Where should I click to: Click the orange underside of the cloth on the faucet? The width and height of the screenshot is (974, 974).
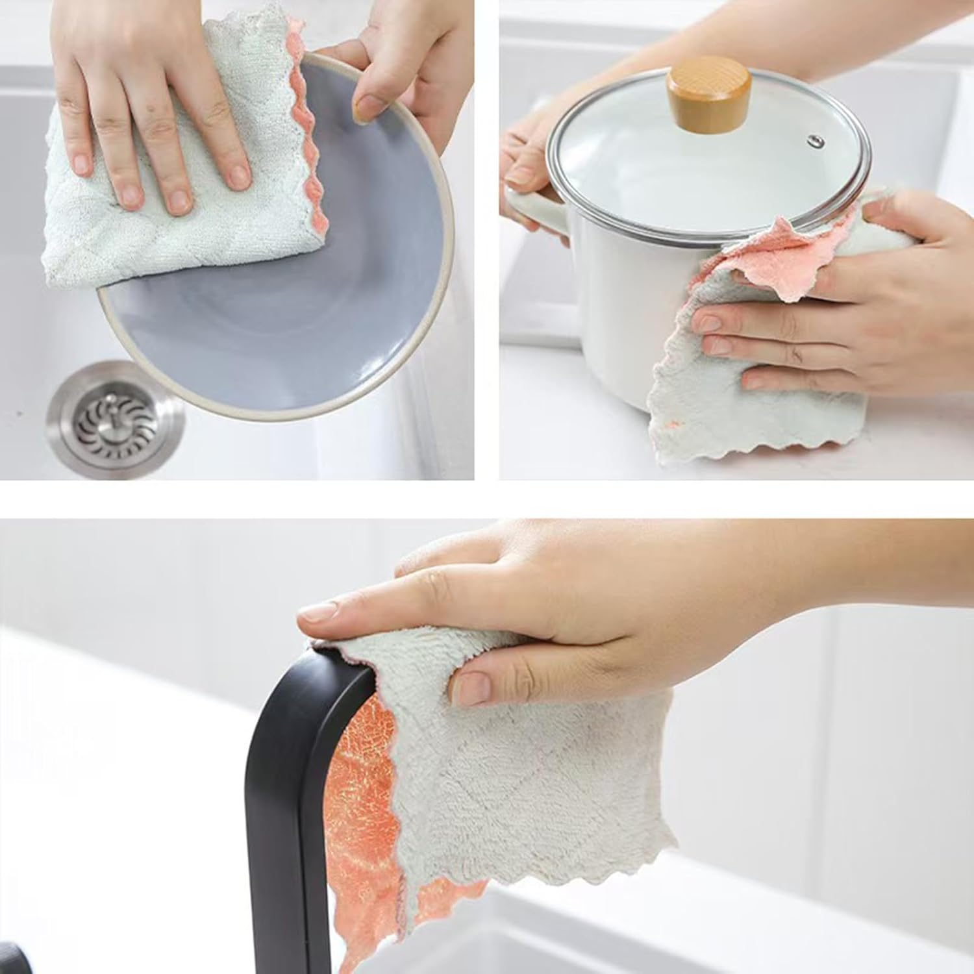tap(357, 812)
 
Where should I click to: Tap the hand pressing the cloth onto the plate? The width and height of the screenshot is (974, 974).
tap(156, 117)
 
